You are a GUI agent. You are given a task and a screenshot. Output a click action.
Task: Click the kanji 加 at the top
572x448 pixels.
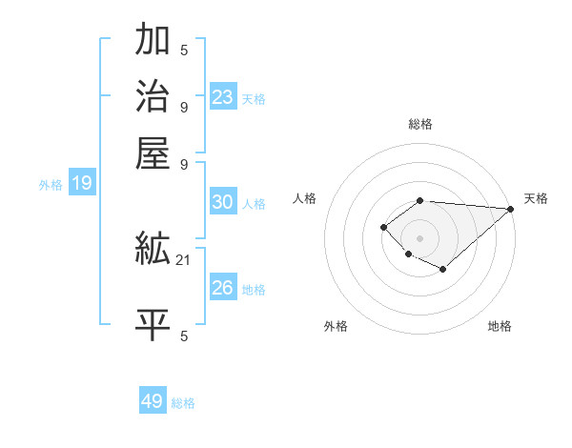[x=153, y=41]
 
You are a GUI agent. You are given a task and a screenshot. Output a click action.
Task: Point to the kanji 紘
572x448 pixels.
[x=153, y=250]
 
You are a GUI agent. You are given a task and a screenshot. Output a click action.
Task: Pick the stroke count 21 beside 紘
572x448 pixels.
[x=184, y=259]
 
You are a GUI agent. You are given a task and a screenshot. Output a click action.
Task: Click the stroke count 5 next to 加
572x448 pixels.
[x=183, y=51]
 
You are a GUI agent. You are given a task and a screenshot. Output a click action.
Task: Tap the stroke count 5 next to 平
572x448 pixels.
[x=183, y=336]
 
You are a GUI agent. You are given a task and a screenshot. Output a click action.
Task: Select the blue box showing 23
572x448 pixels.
[x=223, y=97]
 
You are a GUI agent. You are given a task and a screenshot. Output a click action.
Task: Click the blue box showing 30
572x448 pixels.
[x=223, y=202]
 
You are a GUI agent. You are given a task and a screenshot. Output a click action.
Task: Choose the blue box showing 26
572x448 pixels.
[x=223, y=288]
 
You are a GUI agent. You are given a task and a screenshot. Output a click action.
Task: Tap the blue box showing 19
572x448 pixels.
[x=82, y=184]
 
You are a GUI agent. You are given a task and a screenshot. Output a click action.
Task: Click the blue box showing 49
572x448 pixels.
[x=153, y=401]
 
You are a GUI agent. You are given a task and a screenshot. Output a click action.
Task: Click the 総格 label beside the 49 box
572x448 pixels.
[x=183, y=403]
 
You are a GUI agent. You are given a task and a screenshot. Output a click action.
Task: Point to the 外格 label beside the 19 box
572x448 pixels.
[x=51, y=185]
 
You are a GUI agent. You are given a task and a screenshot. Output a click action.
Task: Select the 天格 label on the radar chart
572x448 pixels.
[x=536, y=198]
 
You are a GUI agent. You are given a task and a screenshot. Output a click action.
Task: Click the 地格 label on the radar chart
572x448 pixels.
[x=500, y=326]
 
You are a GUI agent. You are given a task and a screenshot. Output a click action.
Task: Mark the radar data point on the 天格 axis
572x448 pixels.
[x=511, y=209]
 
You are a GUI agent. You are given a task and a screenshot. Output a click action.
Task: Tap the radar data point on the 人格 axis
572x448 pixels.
[x=383, y=227]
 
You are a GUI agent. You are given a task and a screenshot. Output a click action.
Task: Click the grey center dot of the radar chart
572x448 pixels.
[x=419, y=237]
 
